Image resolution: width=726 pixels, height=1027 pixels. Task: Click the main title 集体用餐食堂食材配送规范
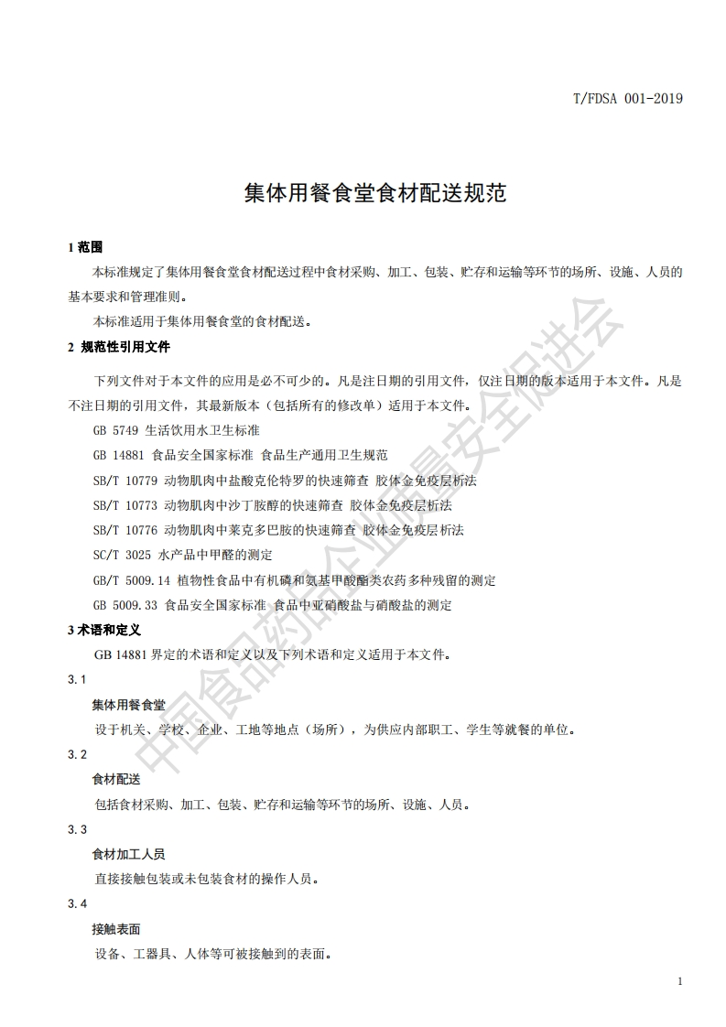coord(363,194)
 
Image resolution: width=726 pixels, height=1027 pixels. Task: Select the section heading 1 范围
coord(84,247)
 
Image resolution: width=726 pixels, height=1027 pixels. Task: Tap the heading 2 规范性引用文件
coord(119,347)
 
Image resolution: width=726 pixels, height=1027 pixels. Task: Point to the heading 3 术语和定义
coord(104,630)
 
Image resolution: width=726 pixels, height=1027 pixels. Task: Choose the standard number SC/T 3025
coord(122,555)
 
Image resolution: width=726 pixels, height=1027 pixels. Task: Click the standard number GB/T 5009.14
coord(133,579)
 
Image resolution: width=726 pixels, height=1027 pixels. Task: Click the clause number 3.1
coord(77,679)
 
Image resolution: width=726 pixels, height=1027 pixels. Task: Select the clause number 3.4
coord(77,904)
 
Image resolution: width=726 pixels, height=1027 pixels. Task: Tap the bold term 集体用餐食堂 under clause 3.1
coord(128,705)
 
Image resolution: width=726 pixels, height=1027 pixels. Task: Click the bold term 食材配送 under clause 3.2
coord(116,780)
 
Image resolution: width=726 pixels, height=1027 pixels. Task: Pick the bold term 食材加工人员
coord(128,854)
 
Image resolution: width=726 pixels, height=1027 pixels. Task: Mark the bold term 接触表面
coord(116,929)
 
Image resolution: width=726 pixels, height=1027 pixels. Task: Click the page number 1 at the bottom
coord(679,981)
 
